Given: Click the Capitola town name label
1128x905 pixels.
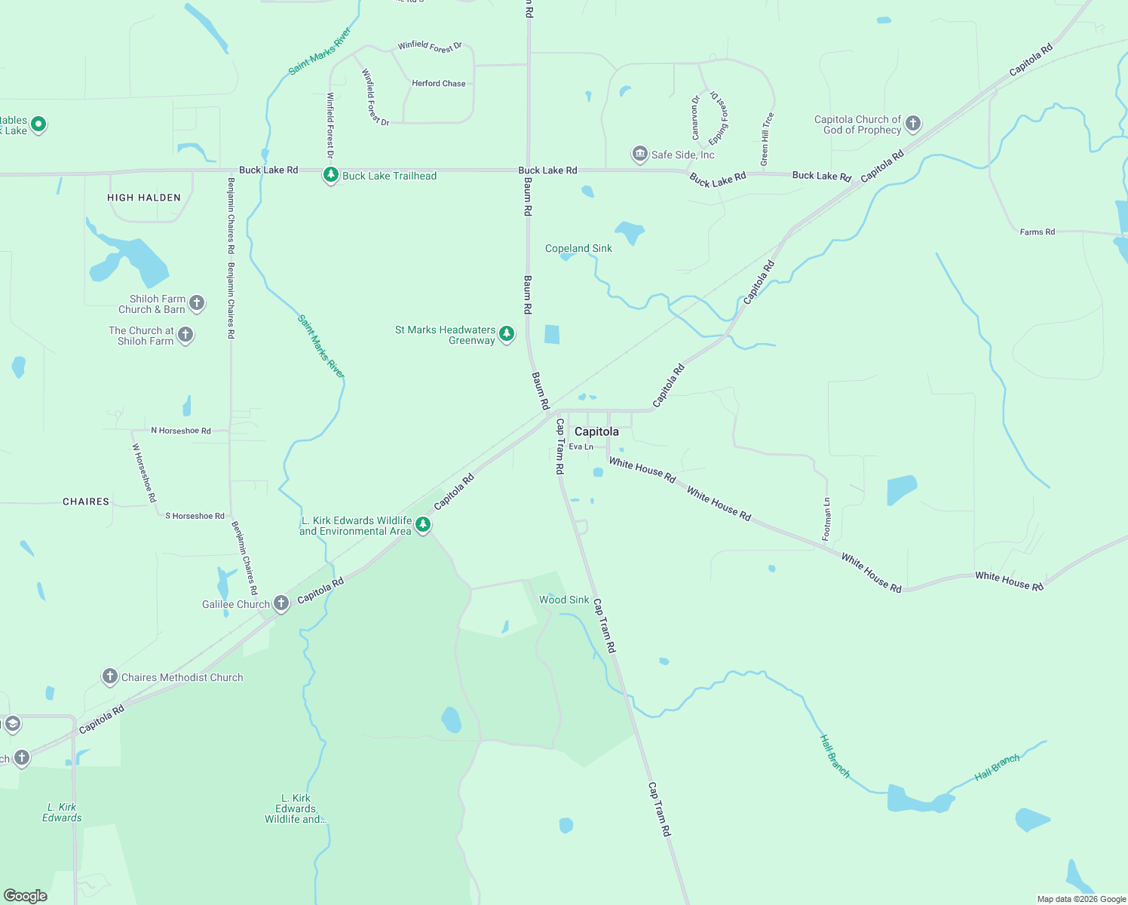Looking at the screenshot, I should click(596, 431).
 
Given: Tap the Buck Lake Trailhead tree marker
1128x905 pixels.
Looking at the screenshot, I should click(330, 175).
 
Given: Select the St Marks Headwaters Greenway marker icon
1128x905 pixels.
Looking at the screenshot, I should click(507, 333).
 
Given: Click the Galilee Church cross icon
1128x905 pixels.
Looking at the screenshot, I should click(281, 603).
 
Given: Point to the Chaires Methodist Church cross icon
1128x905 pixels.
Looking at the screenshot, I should click(110, 676).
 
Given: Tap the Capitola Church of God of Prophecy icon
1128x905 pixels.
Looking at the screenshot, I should click(913, 123).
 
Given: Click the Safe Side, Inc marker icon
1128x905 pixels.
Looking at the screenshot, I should click(639, 154).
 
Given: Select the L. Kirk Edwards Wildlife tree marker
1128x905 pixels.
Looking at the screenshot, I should click(423, 524).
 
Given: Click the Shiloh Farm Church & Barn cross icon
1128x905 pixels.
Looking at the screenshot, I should click(197, 303).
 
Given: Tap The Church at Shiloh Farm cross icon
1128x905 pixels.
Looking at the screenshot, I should click(185, 334).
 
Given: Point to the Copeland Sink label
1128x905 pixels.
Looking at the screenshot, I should click(578, 248).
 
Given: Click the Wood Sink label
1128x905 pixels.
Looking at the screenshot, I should click(564, 600).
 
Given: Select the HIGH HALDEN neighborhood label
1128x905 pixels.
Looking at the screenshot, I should click(144, 198).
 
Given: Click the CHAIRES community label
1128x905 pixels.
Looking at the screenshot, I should click(86, 502).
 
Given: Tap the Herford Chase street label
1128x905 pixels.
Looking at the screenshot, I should click(439, 84).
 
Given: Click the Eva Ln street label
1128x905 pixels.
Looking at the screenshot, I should click(581, 446).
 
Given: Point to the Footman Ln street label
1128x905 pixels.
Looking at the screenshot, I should click(826, 519).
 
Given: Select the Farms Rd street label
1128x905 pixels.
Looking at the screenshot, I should click(1037, 232).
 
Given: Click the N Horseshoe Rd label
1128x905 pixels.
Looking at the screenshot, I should click(181, 431).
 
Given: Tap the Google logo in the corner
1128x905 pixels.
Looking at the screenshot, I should click(26, 895).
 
